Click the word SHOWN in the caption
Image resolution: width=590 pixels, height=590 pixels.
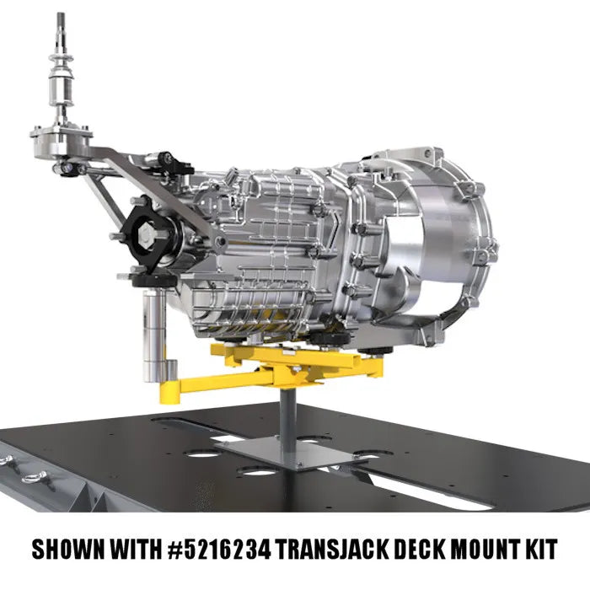(x=68, y=550)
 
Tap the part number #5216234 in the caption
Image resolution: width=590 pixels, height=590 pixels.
(x=219, y=550)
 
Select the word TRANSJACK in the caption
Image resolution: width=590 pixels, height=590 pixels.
(x=332, y=550)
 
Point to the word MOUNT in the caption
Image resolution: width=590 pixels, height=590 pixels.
(x=486, y=550)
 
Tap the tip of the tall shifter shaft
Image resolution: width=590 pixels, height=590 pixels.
(x=61, y=14)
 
